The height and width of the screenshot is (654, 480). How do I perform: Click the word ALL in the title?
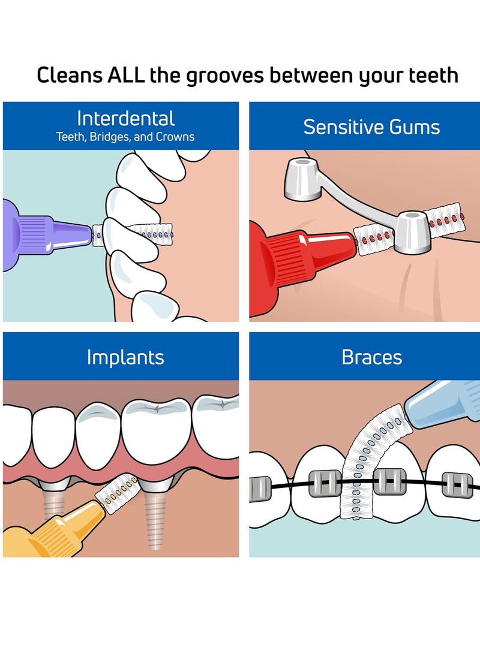pyautogui.click(x=126, y=75)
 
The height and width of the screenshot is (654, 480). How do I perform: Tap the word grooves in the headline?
pyautogui.click(x=225, y=77)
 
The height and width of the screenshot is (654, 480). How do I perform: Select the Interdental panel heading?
pyautogui.click(x=125, y=119)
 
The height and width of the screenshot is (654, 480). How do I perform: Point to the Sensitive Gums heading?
pyautogui.click(x=371, y=127)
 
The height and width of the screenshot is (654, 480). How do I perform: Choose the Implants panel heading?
pyautogui.click(x=125, y=357)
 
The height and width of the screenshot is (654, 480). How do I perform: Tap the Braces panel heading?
pyautogui.click(x=371, y=357)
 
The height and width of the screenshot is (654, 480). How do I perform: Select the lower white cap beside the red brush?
pyautogui.click(x=412, y=232)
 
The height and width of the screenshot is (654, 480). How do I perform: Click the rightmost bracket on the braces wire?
pyautogui.click(x=457, y=485)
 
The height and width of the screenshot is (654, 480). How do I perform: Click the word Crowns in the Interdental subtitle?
pyautogui.click(x=175, y=137)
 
